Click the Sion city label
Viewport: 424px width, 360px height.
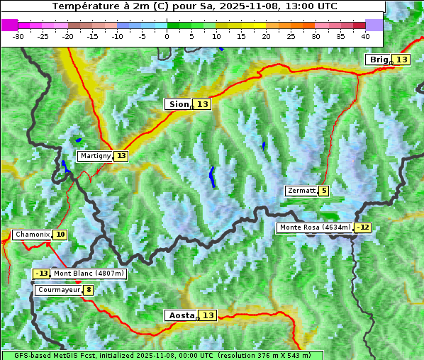tap(178, 104)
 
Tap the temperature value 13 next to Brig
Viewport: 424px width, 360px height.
tap(401, 60)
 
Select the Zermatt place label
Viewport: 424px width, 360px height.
tap(301, 191)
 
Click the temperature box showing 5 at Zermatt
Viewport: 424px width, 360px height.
tap(324, 191)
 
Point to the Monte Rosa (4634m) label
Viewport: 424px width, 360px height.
tap(315, 227)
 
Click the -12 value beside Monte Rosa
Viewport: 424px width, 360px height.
tap(363, 227)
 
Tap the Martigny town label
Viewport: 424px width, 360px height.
tap(95, 156)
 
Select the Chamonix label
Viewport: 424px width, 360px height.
tap(32, 235)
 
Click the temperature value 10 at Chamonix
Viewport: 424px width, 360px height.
tap(60, 235)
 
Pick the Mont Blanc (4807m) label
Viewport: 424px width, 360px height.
tap(89, 274)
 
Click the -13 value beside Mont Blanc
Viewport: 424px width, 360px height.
tap(42, 274)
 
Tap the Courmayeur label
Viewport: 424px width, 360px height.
tap(58, 290)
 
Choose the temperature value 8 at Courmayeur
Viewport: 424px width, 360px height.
tap(88, 290)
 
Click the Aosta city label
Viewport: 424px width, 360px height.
tap(180, 315)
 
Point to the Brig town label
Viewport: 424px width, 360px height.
tap(378, 60)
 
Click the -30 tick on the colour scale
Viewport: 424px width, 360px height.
tap(18, 35)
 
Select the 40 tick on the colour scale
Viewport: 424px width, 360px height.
tap(365, 35)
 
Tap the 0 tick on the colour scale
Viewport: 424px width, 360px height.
tap(167, 35)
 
